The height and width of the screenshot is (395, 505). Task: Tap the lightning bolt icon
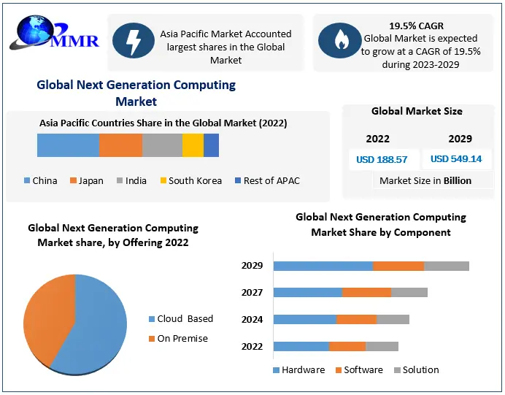coord(134,41)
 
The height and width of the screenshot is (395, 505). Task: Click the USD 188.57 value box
coord(382,158)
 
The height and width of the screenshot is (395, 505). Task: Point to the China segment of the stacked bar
coord(68,145)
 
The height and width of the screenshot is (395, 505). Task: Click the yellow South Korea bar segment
coord(193,145)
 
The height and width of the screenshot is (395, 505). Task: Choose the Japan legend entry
coord(87,180)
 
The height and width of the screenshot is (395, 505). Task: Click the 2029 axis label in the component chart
coord(252,265)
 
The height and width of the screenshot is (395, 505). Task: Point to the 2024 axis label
coord(252,319)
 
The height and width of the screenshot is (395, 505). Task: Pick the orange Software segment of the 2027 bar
coord(366,292)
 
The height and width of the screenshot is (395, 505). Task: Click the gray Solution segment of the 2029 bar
coord(446,265)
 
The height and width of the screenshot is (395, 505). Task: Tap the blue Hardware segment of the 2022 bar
coord(301,346)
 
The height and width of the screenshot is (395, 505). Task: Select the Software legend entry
coord(358,369)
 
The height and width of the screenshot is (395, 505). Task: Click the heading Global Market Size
coord(417,111)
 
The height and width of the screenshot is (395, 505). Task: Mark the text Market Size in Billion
coord(425,180)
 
